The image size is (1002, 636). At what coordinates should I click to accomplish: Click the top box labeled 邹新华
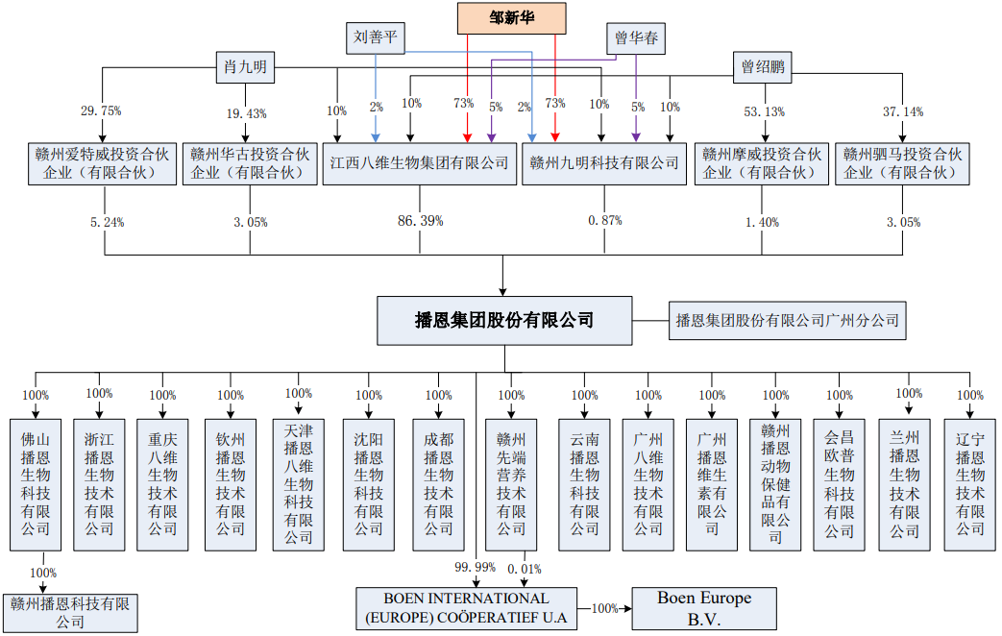[511, 16]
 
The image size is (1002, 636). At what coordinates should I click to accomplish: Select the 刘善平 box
[376, 38]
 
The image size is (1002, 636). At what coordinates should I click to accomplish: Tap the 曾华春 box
[636, 39]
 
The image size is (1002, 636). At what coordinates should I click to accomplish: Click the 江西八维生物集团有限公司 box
[419, 163]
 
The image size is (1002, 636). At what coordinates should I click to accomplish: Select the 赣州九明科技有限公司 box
[604, 163]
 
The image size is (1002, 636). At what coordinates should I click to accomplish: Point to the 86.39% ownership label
[420, 221]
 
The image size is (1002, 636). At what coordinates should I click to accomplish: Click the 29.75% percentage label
[101, 111]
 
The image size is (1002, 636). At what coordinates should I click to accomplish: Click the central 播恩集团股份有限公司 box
[503, 321]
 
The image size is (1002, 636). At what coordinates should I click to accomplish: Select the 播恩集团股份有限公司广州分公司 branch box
[787, 321]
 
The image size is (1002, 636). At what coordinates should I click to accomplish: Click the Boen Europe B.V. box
[703, 608]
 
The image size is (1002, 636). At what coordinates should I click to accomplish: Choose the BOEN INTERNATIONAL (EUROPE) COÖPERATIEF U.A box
[466, 608]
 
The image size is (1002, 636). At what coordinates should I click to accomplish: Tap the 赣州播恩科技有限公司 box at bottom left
[70, 612]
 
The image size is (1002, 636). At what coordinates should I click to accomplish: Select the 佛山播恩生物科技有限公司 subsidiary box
[37, 483]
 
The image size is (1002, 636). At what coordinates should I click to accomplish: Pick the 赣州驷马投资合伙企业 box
[901, 163]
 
